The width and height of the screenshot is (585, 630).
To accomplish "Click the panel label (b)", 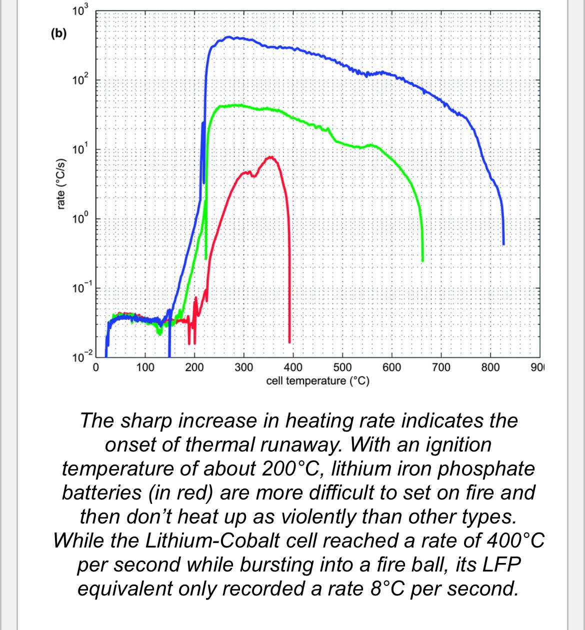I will [x=58, y=33].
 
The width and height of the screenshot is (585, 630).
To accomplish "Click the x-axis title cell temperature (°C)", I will [x=317, y=381].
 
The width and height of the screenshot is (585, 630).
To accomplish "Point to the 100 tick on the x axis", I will [x=145, y=368].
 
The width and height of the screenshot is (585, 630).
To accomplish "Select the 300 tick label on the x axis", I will [x=243, y=368].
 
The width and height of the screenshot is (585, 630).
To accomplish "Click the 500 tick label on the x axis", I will [x=342, y=368].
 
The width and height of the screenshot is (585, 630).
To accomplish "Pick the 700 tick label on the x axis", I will [x=441, y=368].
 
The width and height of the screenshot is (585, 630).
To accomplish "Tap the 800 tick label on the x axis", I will [x=490, y=368].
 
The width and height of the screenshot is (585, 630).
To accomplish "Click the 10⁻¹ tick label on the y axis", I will [x=79, y=288].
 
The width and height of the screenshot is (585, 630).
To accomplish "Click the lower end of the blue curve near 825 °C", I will [x=503, y=243].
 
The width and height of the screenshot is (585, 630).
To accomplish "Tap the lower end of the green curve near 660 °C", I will [x=422, y=260].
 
